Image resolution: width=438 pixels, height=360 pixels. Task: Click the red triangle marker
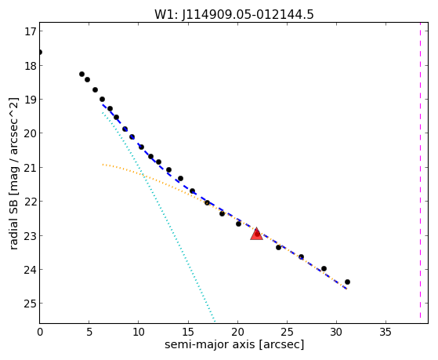tap(256, 235)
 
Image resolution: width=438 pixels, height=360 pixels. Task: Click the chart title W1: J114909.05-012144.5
tap(234, 14)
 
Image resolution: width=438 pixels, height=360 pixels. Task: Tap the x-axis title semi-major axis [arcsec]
tap(234, 344)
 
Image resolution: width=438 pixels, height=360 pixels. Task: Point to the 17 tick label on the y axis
tap(31, 31)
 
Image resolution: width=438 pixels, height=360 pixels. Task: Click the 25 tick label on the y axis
tap(31, 304)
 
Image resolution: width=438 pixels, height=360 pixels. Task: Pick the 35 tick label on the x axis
tap(386, 333)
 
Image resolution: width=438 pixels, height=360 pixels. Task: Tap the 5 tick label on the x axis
tap(89, 333)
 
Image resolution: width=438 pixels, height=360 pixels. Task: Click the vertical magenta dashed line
tap(420, 173)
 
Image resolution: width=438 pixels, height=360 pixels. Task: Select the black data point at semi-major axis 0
tap(40, 53)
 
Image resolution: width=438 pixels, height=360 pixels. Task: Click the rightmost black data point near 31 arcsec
tap(347, 282)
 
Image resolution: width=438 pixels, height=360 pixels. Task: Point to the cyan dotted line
tap(158, 216)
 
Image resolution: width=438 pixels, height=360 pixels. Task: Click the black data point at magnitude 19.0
tap(102, 100)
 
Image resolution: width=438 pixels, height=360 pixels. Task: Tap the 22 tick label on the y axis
tap(31, 202)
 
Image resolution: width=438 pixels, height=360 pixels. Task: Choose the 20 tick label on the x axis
tap(237, 333)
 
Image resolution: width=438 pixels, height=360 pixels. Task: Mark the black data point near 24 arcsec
tap(278, 247)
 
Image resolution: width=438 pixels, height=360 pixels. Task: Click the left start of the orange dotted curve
tap(103, 165)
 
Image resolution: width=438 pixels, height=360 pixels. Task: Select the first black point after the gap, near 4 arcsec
tap(81, 75)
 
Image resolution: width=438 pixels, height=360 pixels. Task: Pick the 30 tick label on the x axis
tap(336, 333)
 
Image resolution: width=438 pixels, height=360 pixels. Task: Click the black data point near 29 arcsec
tap(324, 269)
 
